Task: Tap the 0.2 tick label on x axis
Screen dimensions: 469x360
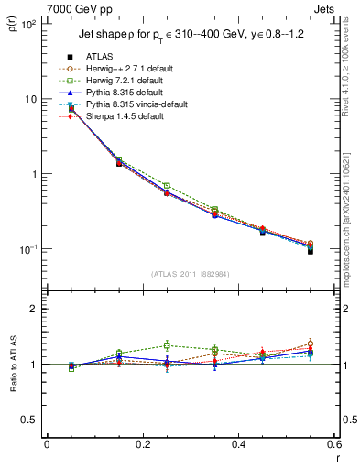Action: click(142, 444)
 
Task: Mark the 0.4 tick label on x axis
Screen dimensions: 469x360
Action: click(238, 444)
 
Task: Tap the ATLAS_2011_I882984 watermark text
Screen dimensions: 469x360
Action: click(190, 274)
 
